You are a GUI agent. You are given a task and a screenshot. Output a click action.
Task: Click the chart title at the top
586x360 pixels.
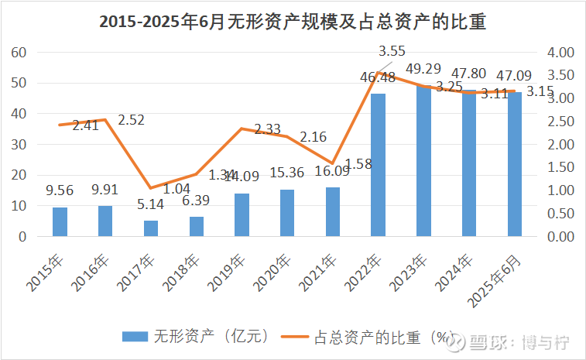[x=293, y=22]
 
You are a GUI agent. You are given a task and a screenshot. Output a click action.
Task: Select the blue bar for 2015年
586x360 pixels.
[x=60, y=221]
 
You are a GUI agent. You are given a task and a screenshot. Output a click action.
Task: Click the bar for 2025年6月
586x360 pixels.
[x=515, y=164]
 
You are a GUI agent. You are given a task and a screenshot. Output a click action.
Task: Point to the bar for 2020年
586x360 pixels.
[x=287, y=213]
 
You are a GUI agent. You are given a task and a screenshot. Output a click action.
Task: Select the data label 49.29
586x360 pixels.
[x=423, y=68]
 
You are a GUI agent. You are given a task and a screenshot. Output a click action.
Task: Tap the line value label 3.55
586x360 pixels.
[x=392, y=52]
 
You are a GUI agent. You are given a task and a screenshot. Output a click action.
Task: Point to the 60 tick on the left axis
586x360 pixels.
[x=20, y=53]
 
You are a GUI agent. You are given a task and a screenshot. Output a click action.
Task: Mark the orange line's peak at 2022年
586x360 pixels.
[x=379, y=73]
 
